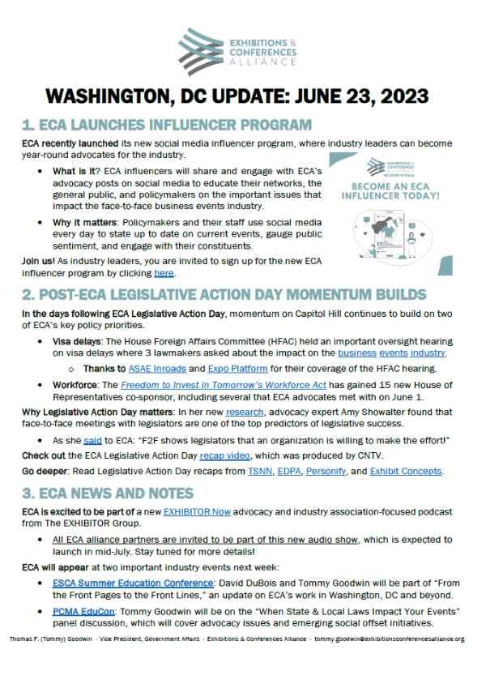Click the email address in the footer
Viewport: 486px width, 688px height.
point(403,639)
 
